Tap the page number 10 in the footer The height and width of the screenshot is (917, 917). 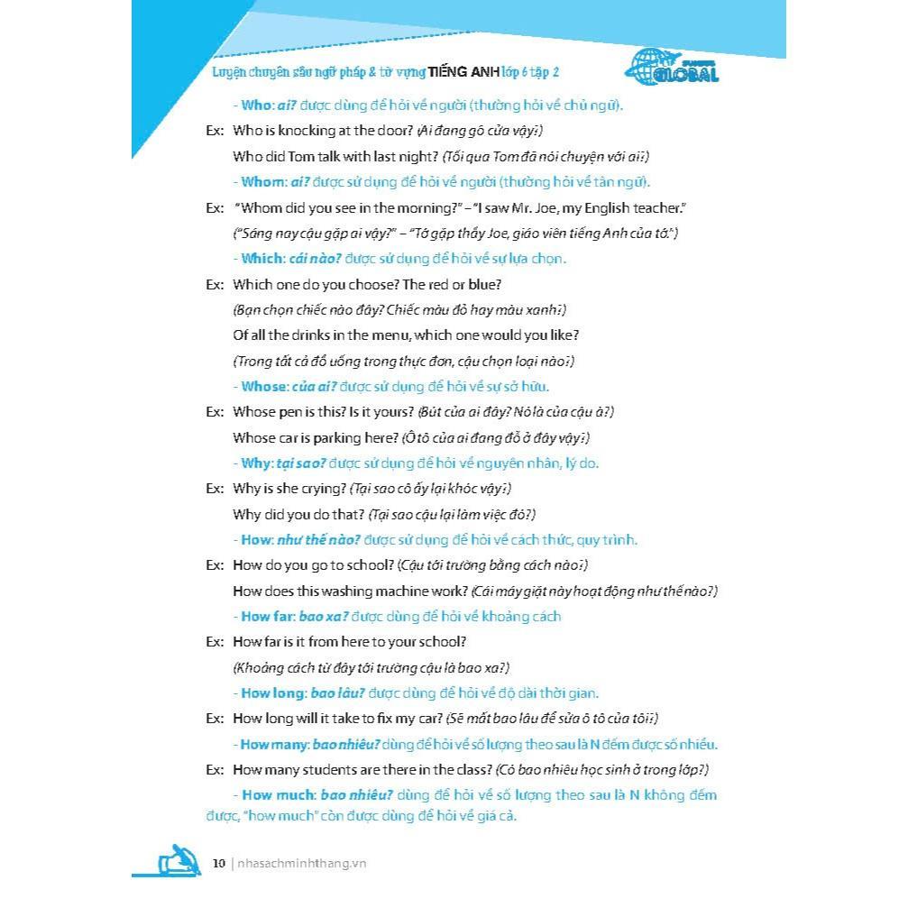(219, 863)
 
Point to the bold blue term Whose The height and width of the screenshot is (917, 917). (263, 387)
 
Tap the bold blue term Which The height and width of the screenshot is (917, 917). (261, 259)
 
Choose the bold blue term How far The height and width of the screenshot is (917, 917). (266, 617)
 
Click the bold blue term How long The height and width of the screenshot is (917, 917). (269, 693)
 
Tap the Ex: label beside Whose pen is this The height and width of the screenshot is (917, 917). (215, 412)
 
